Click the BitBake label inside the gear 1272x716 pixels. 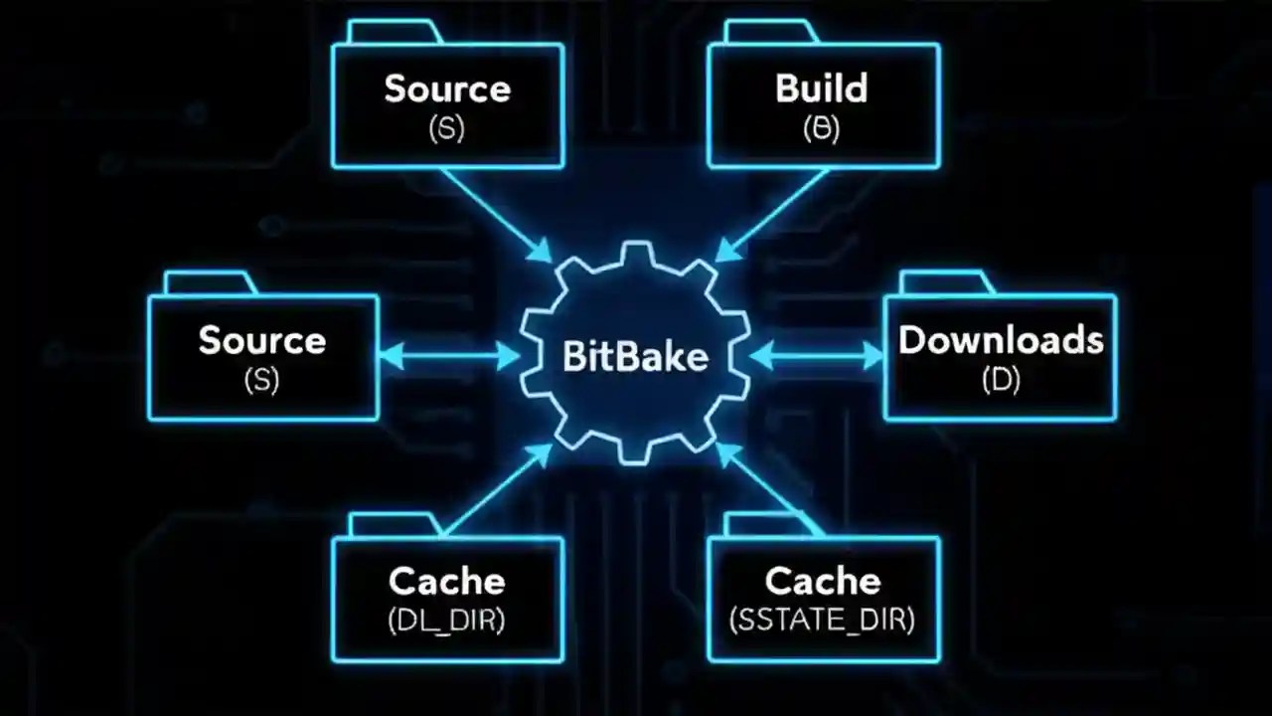tap(635, 356)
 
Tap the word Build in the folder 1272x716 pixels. tap(822, 88)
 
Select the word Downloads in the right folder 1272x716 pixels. tap(1001, 340)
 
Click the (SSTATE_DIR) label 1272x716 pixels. tap(822, 620)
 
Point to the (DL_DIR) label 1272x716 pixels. tap(446, 620)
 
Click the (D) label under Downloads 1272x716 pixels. tap(1001, 380)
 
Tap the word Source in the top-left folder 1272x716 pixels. tap(447, 88)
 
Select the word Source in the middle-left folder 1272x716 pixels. tap(262, 340)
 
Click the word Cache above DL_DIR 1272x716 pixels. tap(446, 581)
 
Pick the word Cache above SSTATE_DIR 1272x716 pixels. tap(822, 581)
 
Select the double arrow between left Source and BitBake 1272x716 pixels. tap(449, 355)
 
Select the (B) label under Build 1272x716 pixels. tap(822, 129)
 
